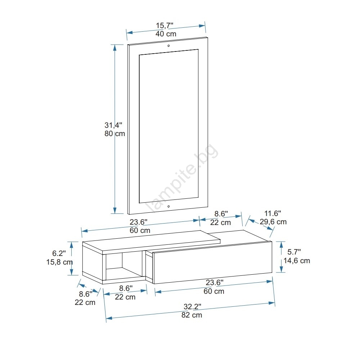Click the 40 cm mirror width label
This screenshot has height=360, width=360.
coord(166,34)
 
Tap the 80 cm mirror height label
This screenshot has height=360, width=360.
coord(114,134)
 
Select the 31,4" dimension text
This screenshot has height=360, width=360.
coord(113,125)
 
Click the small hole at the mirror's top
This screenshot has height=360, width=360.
coord(168,46)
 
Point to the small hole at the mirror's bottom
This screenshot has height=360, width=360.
coord(168,206)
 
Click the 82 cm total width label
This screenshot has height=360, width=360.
coord(192,315)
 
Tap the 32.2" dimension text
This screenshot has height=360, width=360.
coord(192,306)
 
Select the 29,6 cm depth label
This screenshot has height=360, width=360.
coord(273,222)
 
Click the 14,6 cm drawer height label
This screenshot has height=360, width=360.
coord(297,261)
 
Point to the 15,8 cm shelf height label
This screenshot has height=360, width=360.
coord(59,262)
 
